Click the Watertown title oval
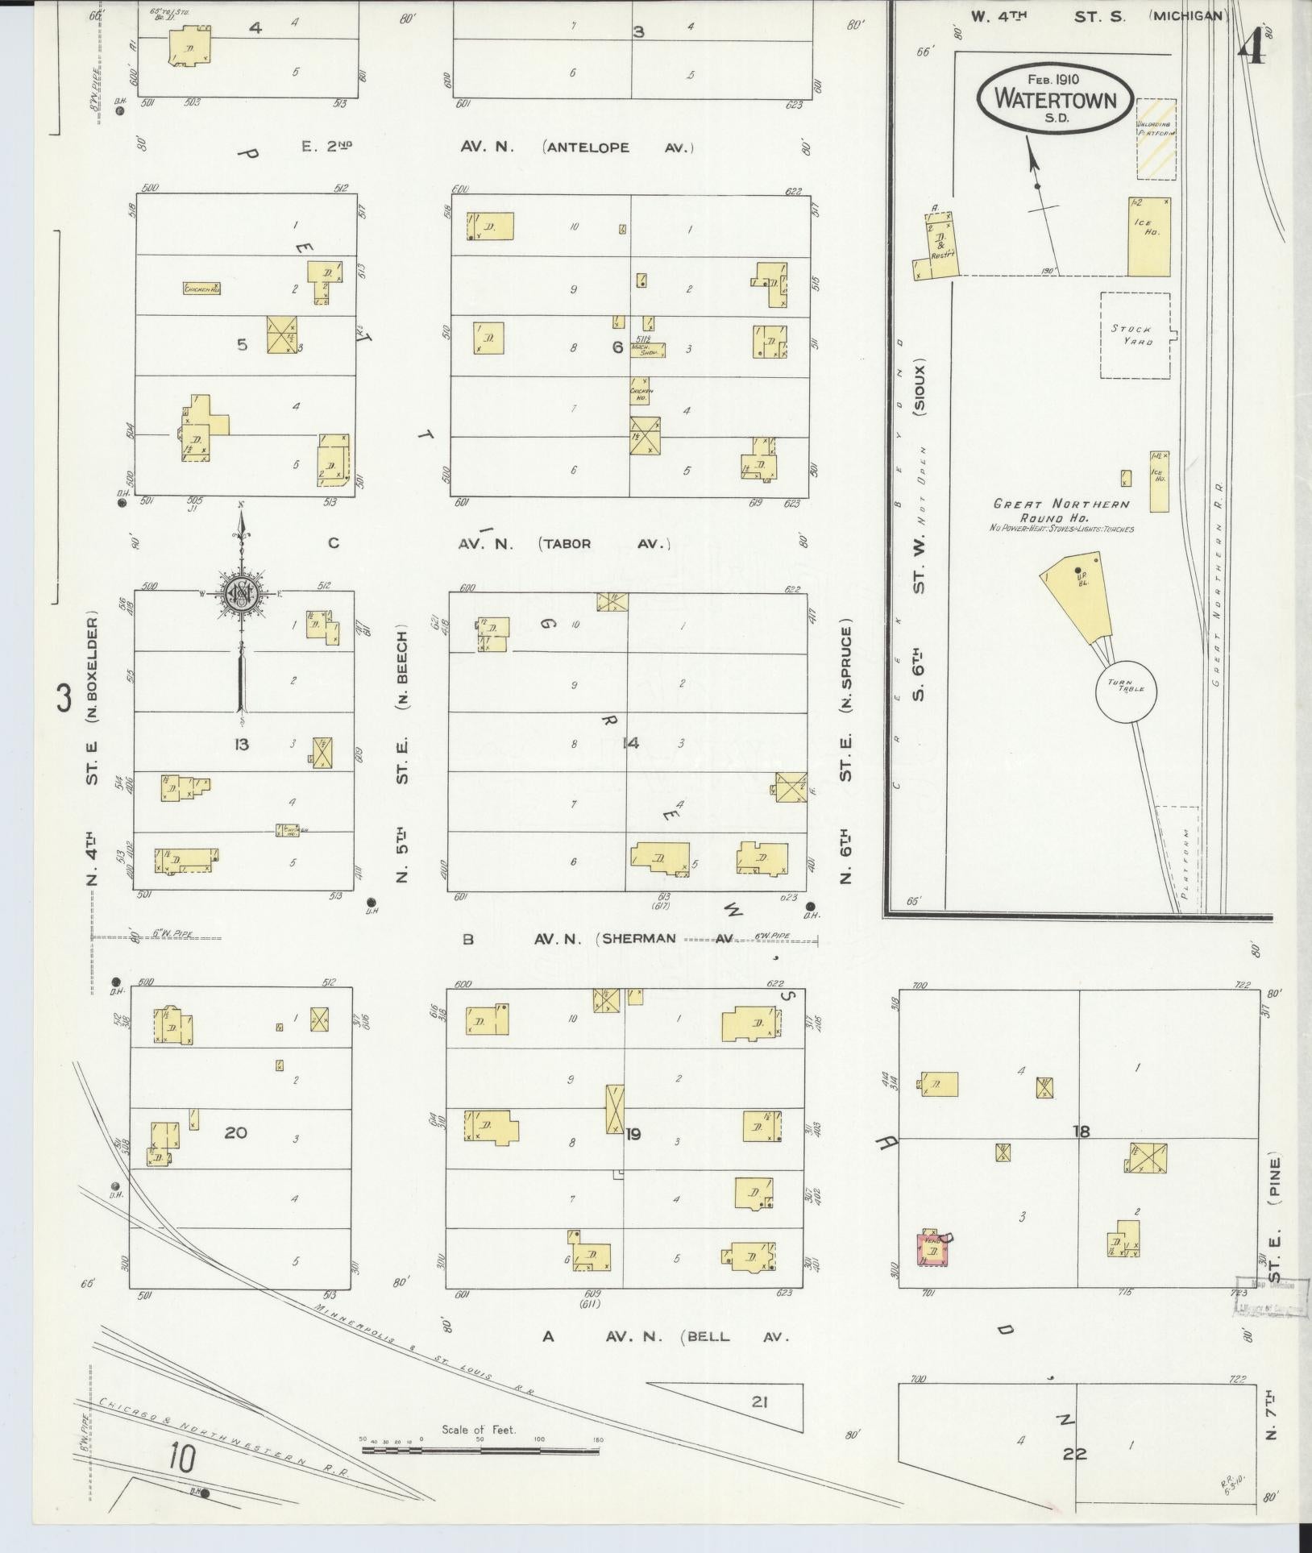(x=1055, y=96)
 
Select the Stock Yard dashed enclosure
(x=1136, y=334)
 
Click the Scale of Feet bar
(x=480, y=1450)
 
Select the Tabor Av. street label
(x=604, y=544)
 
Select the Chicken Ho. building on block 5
(x=202, y=288)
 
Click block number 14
(x=630, y=743)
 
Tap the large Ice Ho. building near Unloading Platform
(x=1148, y=237)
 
